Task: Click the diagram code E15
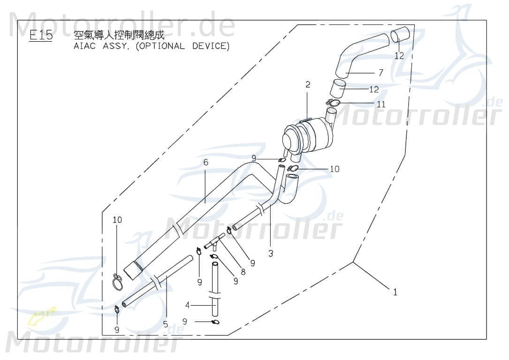41,36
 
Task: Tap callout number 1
395,292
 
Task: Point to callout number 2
308,85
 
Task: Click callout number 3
271,253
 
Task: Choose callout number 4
188,305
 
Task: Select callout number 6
205,163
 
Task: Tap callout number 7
381,73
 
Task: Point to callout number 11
381,104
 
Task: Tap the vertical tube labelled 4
215,288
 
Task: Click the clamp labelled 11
334,103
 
